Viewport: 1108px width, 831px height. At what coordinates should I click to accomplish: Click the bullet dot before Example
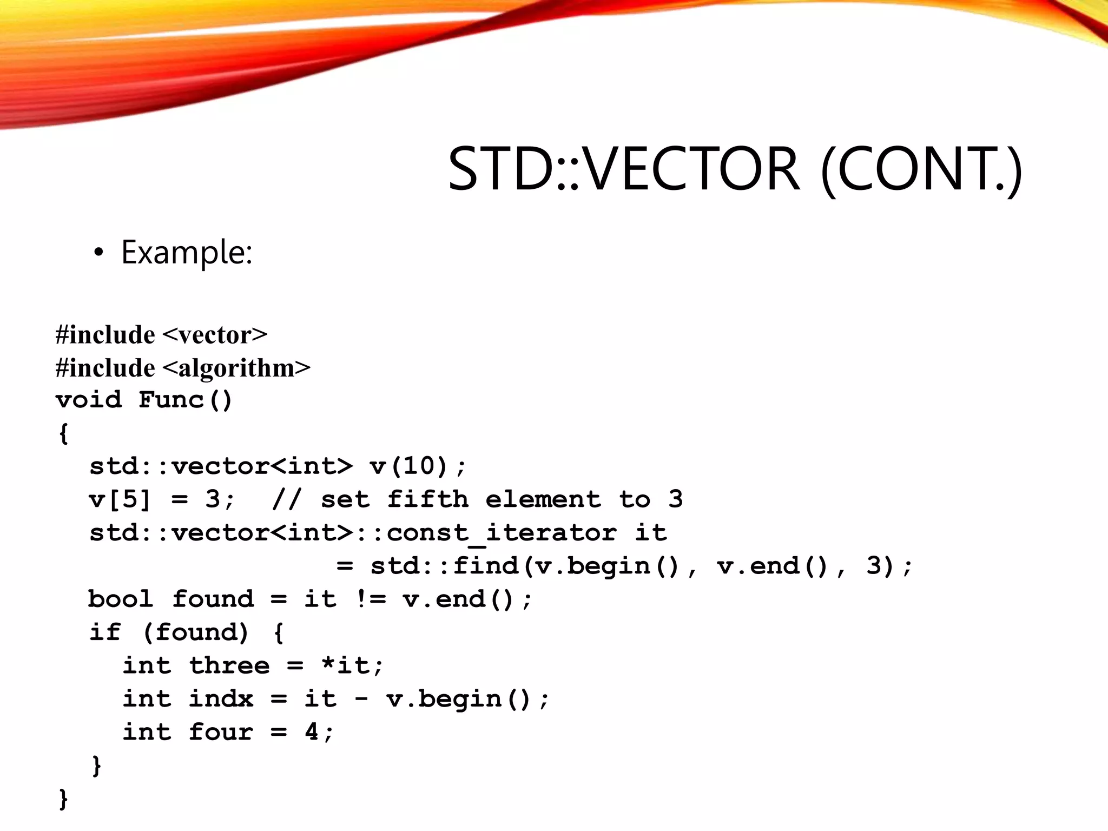(98, 253)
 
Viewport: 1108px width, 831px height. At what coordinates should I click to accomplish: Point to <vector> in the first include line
(214, 335)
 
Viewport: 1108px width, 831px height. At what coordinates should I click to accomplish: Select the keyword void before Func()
(89, 400)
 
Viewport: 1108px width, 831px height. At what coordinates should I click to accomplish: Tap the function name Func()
(186, 400)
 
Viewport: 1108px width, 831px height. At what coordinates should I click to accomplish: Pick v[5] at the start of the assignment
(120, 499)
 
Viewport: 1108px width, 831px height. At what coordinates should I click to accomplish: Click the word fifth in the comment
(427, 499)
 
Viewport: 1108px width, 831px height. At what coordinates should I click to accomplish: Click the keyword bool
(121, 599)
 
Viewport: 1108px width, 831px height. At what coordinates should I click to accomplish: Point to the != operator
(371, 599)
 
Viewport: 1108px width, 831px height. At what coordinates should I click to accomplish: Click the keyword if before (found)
(105, 632)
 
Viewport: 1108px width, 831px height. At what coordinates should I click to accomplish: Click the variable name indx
(221, 699)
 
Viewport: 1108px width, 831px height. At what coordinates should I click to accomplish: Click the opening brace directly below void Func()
(64, 433)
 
